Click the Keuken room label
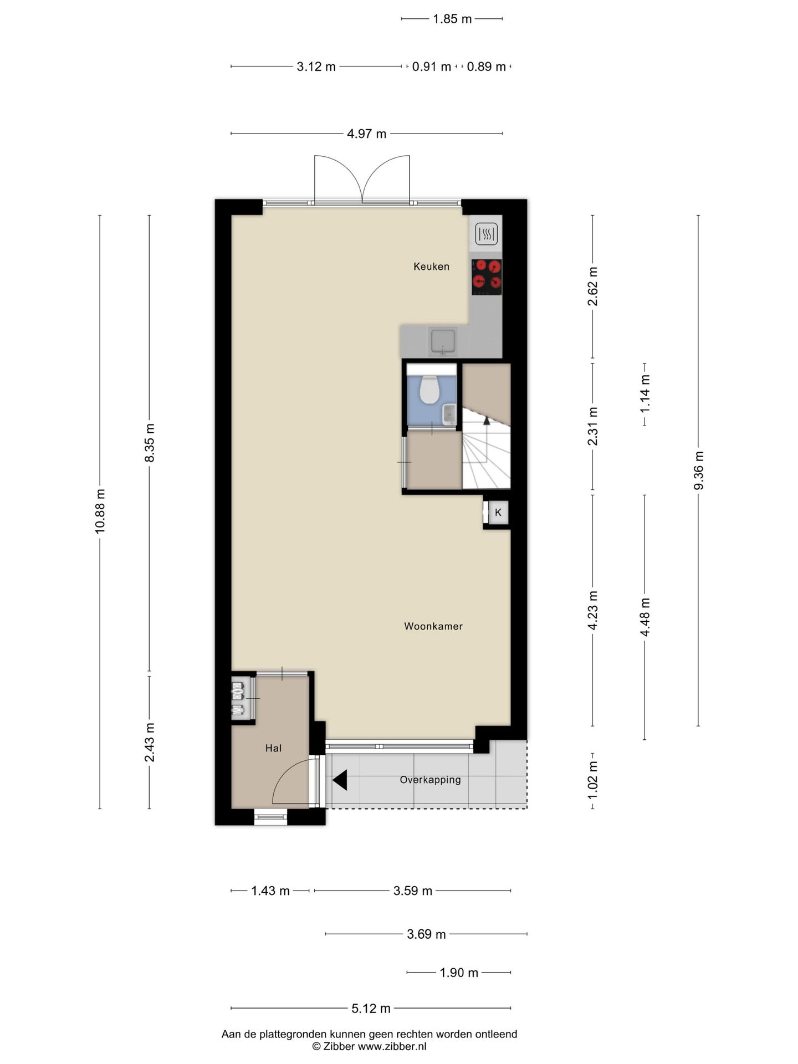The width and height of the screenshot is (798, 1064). tap(431, 267)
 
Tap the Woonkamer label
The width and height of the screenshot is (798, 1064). tap(433, 626)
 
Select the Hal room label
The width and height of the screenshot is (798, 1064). tap(273, 748)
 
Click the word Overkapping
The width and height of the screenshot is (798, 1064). tap(431, 780)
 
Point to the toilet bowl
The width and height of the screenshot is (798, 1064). tap(429, 389)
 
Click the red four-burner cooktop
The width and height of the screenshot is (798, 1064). tap(487, 277)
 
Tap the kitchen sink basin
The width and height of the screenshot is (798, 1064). tap(443, 341)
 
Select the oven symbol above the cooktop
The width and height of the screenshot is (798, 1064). tap(487, 234)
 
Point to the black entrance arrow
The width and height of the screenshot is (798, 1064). tap(340, 780)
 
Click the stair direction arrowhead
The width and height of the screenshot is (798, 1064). tap(487, 420)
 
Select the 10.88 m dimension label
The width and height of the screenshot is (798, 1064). tap(100, 511)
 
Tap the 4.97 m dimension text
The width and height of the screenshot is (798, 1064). tap(367, 134)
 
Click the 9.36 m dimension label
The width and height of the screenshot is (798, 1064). tap(698, 470)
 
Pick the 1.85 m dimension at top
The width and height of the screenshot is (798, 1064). tap(452, 19)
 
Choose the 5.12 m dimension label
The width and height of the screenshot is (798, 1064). tap(371, 1008)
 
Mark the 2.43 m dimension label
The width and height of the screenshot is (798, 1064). tap(149, 743)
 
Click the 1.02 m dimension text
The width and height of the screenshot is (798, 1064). tap(592, 780)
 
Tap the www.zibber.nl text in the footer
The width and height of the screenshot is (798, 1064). tap(392, 1047)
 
